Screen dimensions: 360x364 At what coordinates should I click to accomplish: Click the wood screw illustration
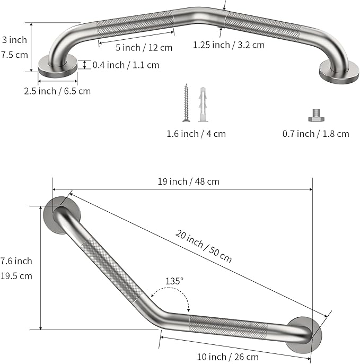click(x=186, y=103)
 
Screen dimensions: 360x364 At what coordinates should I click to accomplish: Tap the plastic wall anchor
click(x=203, y=105)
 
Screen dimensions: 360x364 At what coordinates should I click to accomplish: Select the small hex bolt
click(x=316, y=115)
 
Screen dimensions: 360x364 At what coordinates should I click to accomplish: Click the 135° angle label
click(x=174, y=281)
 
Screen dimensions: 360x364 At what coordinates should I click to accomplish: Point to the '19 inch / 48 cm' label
click(x=189, y=181)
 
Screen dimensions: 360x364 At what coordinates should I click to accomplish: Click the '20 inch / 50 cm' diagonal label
click(x=204, y=246)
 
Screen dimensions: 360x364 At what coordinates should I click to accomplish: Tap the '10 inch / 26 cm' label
click(x=228, y=357)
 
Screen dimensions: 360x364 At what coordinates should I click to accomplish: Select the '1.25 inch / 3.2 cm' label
click(x=229, y=45)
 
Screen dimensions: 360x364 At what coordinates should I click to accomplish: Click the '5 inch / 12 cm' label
click(x=144, y=48)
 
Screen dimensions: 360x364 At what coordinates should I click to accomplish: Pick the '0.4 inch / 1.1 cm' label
click(x=126, y=65)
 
